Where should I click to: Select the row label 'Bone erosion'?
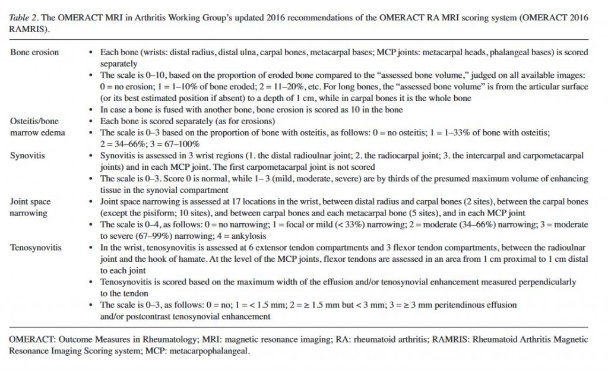tap(34, 53)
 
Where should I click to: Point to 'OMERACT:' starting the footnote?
tap(30, 339)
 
